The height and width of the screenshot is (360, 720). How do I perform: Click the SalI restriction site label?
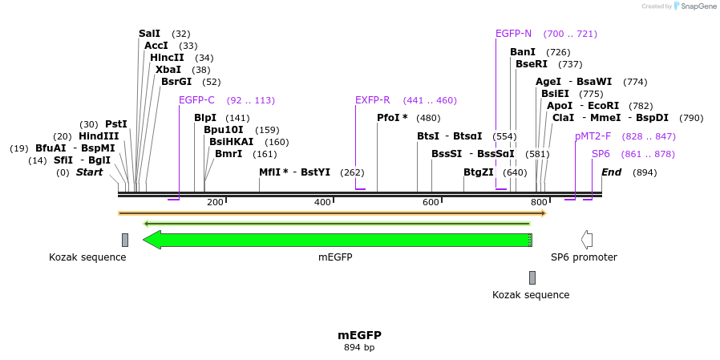(149, 34)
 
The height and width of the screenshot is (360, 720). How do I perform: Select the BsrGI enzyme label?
(176, 82)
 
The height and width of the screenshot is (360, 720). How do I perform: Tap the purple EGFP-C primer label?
(196, 100)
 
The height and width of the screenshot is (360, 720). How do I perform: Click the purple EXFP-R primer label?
(372, 100)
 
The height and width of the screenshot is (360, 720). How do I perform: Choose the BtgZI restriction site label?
(478, 172)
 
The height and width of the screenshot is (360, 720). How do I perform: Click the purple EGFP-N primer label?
(513, 34)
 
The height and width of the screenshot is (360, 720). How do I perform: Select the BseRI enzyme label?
(531, 64)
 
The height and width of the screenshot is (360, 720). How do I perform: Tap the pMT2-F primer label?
(593, 136)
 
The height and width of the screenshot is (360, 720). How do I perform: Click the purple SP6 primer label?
(601, 154)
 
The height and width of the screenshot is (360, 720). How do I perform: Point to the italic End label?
(611, 172)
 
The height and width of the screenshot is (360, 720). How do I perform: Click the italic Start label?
(89, 172)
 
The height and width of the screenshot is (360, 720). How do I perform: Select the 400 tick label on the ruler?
(322, 203)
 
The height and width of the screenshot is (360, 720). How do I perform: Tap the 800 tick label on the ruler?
(539, 203)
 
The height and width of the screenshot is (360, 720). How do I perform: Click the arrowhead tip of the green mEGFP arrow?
(145, 240)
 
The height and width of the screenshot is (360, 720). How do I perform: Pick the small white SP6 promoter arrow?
(587, 240)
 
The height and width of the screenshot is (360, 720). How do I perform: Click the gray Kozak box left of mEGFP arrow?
(125, 240)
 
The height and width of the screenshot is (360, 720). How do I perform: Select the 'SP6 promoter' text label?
(584, 257)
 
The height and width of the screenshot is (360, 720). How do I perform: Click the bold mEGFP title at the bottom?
(359, 335)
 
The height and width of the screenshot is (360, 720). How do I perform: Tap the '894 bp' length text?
(359, 348)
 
